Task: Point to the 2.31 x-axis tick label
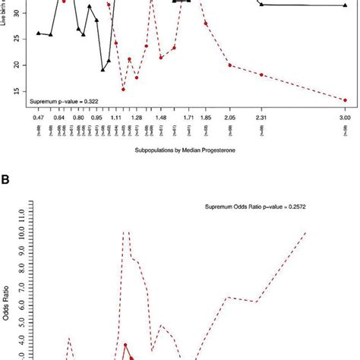coord(261,119)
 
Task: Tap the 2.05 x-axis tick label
coord(229,119)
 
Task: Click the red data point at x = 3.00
coord(344,99)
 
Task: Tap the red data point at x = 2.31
coord(261,74)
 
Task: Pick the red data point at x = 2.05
coord(229,65)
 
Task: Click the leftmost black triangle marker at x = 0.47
coord(39,33)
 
